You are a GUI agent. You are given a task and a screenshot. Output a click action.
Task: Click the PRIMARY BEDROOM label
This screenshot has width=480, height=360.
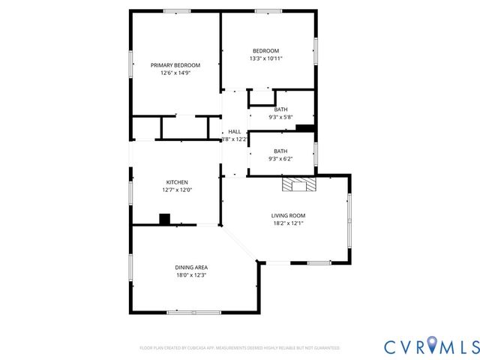(175, 65)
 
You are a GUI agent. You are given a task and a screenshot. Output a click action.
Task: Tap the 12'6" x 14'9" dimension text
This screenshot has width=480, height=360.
(175, 73)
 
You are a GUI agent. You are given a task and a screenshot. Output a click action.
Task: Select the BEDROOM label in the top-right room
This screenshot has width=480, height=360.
(265, 50)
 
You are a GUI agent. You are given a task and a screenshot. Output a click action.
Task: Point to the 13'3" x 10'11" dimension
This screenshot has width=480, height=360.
(265, 58)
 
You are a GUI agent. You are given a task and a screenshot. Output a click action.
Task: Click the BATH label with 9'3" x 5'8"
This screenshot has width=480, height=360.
(280, 109)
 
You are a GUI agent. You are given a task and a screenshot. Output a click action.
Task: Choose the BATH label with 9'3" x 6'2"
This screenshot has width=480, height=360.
(280, 151)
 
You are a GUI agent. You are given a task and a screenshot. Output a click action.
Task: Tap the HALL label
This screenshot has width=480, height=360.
(235, 131)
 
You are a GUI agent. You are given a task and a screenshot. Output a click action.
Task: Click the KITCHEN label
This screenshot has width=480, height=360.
(177, 182)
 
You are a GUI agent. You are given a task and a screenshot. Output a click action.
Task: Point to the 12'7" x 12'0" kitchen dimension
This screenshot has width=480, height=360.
(177, 190)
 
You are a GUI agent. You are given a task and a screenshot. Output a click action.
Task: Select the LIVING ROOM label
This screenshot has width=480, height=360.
(289, 215)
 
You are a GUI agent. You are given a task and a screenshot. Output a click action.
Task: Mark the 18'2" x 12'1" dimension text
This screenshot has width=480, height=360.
(289, 223)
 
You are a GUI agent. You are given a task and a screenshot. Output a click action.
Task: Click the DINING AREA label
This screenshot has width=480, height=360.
(191, 267)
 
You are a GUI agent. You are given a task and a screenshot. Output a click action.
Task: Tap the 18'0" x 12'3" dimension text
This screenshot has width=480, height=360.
(191, 274)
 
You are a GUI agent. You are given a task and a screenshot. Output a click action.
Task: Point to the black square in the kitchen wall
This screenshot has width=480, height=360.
(164, 219)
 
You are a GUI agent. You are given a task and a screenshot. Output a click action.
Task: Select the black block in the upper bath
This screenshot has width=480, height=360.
(304, 128)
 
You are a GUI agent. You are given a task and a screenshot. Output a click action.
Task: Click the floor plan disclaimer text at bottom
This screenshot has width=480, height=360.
(239, 348)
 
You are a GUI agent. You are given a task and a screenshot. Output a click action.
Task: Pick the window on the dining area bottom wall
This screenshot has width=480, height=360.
(193, 312)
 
